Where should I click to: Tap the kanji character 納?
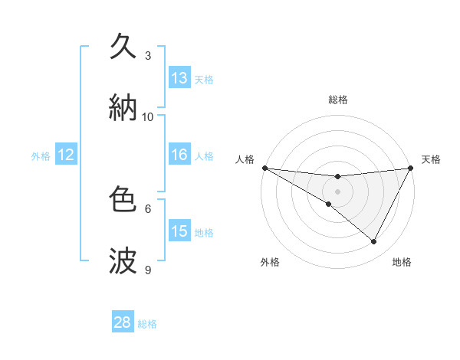point(123,108)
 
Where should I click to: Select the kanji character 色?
point(123,200)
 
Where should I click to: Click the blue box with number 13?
point(179,78)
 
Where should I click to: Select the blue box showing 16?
point(179,155)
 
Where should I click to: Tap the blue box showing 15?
point(179,231)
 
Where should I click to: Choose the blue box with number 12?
point(66,155)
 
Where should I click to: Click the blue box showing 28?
point(123,323)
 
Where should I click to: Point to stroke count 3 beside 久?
point(148,56)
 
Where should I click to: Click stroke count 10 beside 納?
point(148,117)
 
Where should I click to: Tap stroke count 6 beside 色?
point(148,208)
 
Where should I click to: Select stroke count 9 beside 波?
point(148,270)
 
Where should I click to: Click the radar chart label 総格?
point(338,100)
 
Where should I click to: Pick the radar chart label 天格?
point(431,159)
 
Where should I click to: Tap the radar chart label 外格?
point(271,262)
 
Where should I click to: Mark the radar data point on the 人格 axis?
point(264,167)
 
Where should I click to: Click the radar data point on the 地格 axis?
point(374,241)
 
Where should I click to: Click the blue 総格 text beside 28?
point(147,324)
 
